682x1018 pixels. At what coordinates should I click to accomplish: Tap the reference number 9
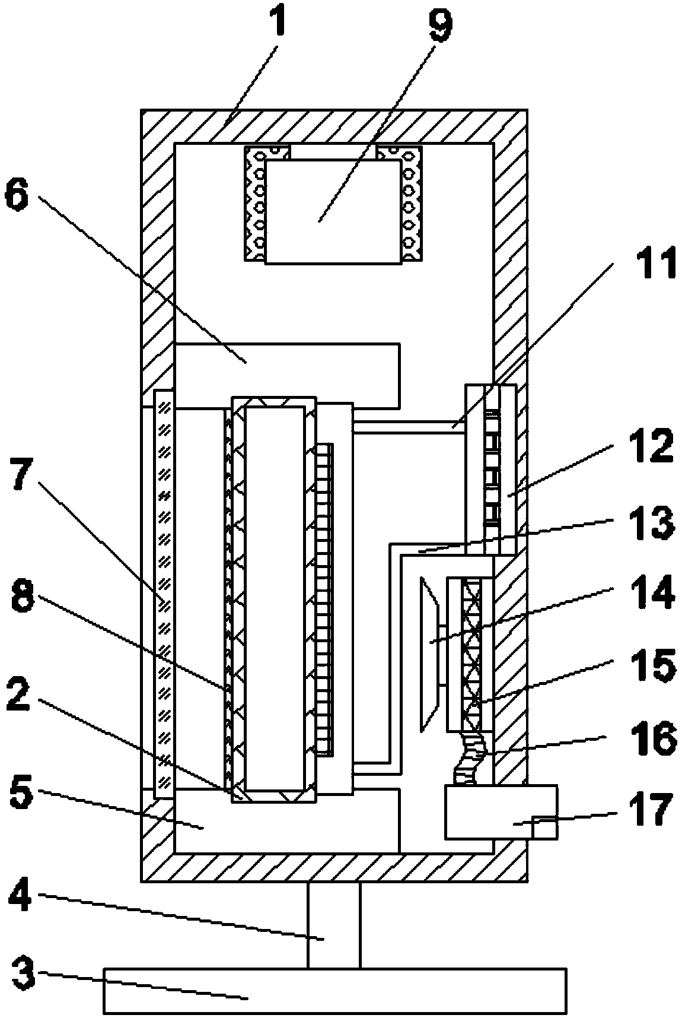point(441,21)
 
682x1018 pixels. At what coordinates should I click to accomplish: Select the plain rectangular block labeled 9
point(332,211)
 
